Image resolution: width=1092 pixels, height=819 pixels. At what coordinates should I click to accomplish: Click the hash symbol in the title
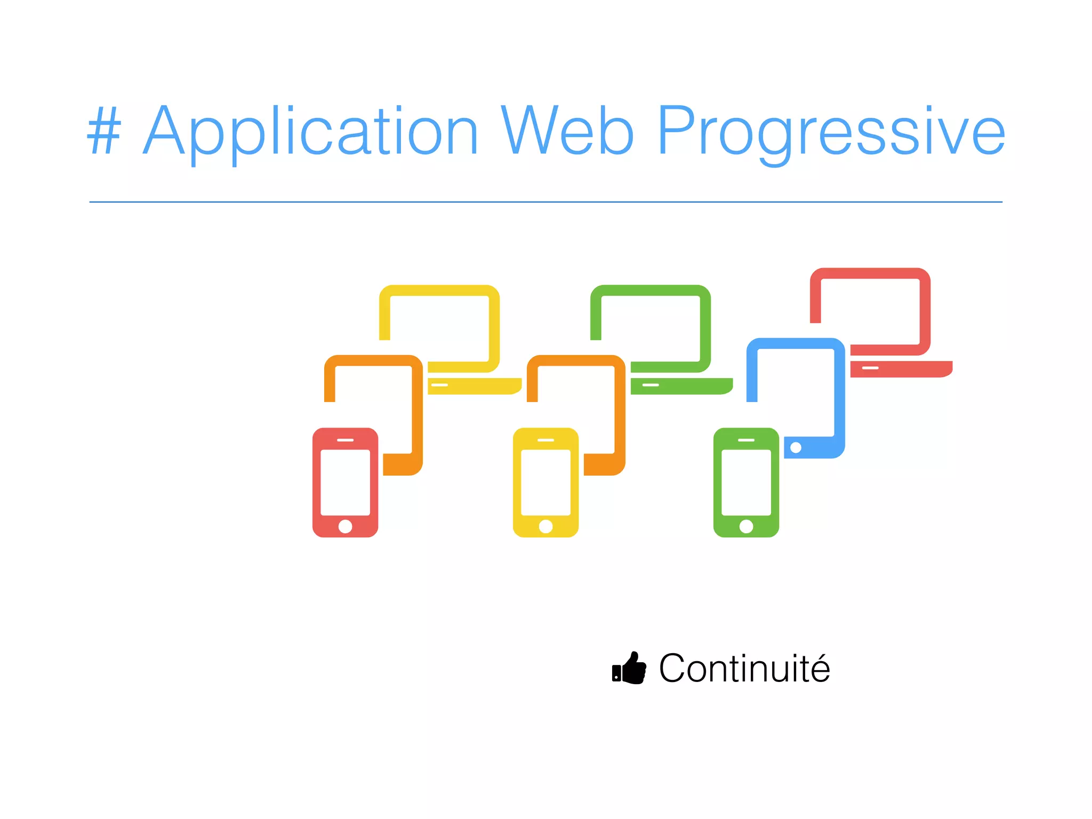(105, 131)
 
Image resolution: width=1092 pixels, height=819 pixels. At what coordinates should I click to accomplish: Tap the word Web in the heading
(567, 131)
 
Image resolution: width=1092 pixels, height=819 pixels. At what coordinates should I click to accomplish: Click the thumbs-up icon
(629, 669)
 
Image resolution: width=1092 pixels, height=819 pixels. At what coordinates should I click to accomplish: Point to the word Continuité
(744, 669)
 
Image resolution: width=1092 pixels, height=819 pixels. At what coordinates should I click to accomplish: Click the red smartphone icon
(345, 483)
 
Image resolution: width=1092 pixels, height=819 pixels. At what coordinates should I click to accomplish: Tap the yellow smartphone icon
(545, 483)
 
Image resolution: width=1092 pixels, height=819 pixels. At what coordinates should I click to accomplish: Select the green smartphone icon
(746, 483)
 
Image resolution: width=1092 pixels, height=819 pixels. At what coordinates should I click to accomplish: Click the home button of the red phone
(345, 526)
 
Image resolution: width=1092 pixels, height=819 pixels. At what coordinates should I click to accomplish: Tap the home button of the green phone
(746, 526)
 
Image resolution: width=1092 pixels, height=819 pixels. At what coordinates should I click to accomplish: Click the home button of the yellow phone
(545, 526)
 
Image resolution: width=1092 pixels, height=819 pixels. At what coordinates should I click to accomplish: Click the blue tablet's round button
(796, 447)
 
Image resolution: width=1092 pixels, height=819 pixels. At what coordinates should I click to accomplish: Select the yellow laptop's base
(474, 386)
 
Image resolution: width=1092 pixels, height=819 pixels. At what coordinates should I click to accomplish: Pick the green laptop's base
(681, 386)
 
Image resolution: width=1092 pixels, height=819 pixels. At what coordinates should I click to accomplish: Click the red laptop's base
(901, 369)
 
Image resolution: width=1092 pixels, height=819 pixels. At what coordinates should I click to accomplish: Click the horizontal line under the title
(545, 202)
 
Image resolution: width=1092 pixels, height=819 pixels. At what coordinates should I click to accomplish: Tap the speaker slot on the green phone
(746, 440)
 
